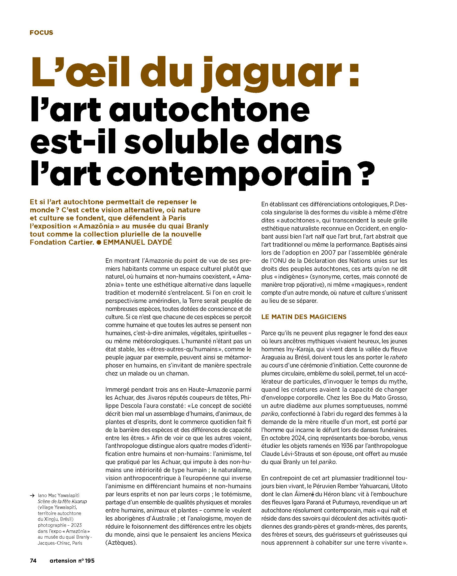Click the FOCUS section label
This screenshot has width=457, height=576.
(41, 33)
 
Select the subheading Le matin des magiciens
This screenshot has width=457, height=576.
(304, 317)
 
